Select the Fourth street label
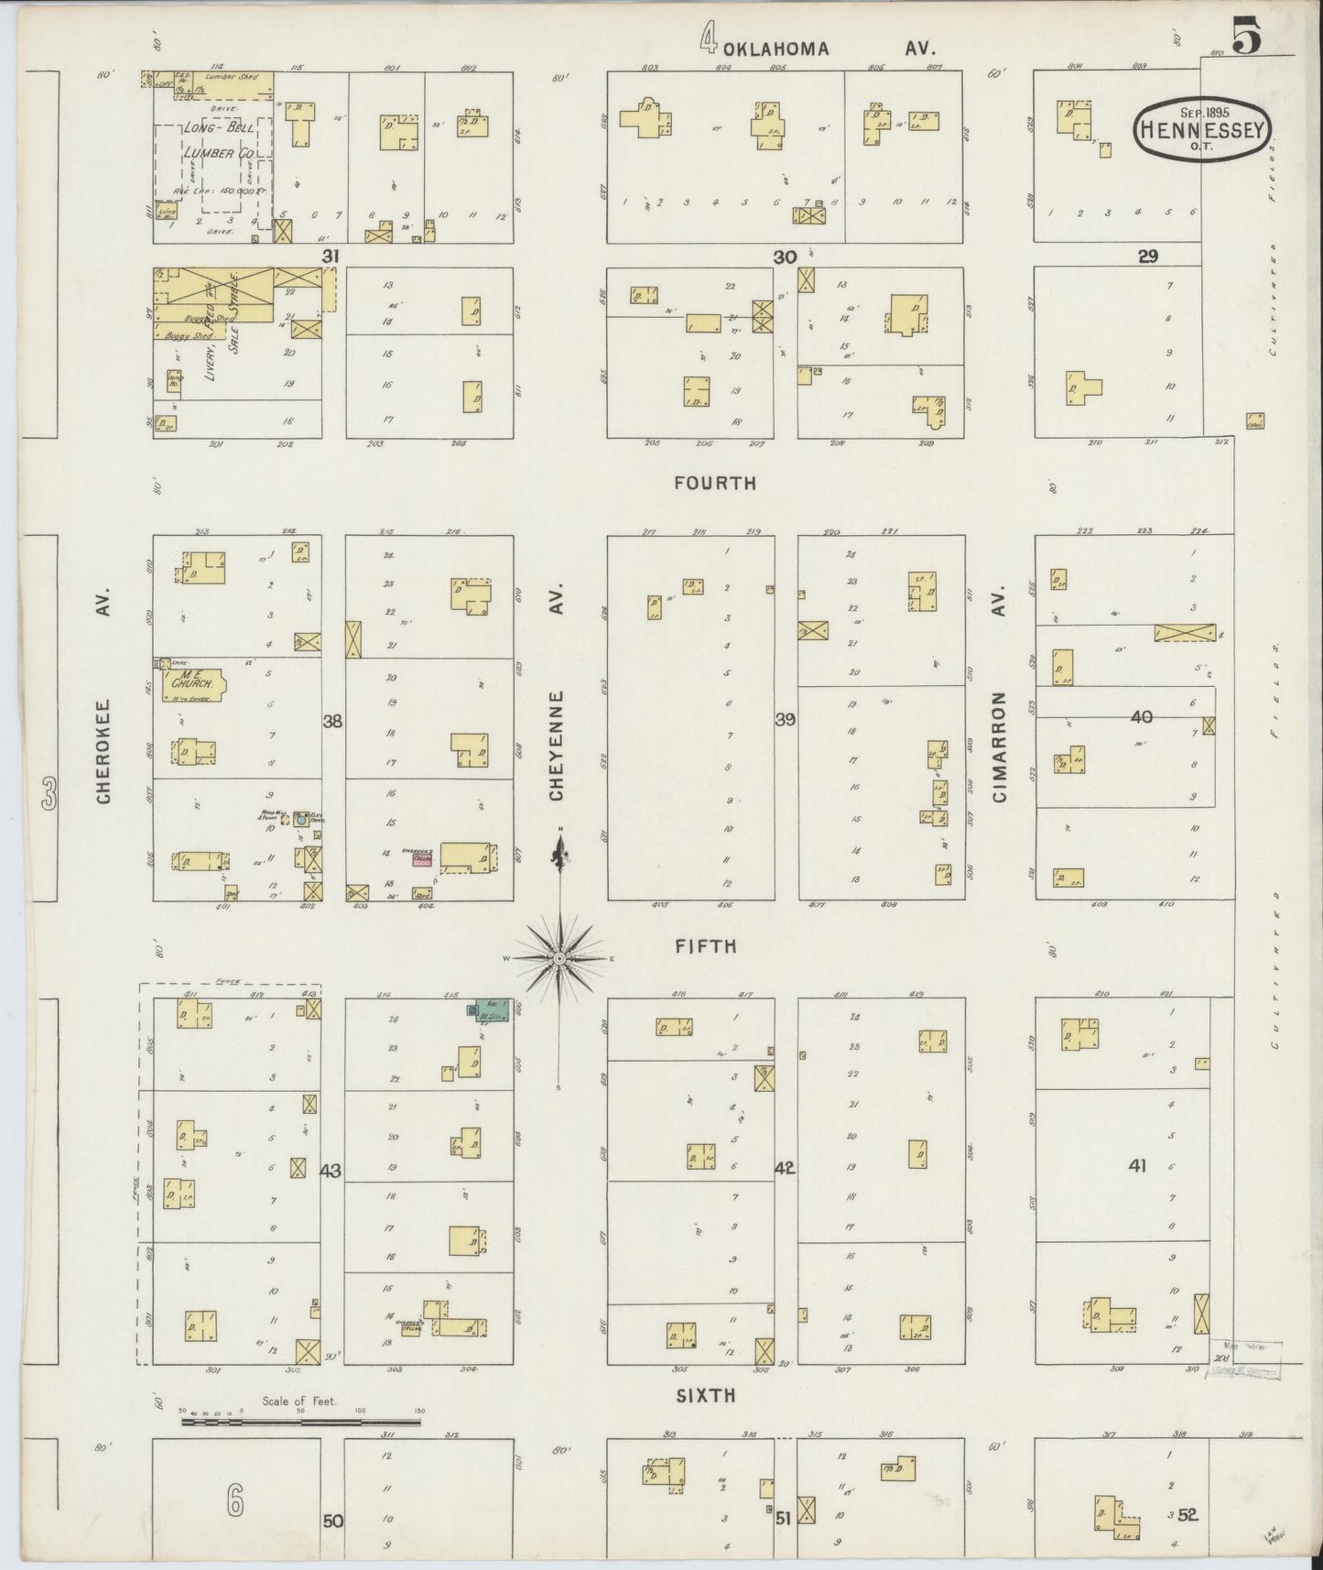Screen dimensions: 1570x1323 click(x=715, y=483)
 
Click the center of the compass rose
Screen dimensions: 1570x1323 click(x=559, y=958)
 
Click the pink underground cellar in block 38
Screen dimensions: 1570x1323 click(x=422, y=858)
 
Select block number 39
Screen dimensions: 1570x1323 click(x=785, y=720)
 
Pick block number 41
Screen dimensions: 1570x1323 click(x=1137, y=1166)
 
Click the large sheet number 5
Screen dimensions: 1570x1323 click(x=1247, y=38)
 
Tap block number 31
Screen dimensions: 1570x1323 click(x=330, y=257)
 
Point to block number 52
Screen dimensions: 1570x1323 click(x=1188, y=1515)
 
